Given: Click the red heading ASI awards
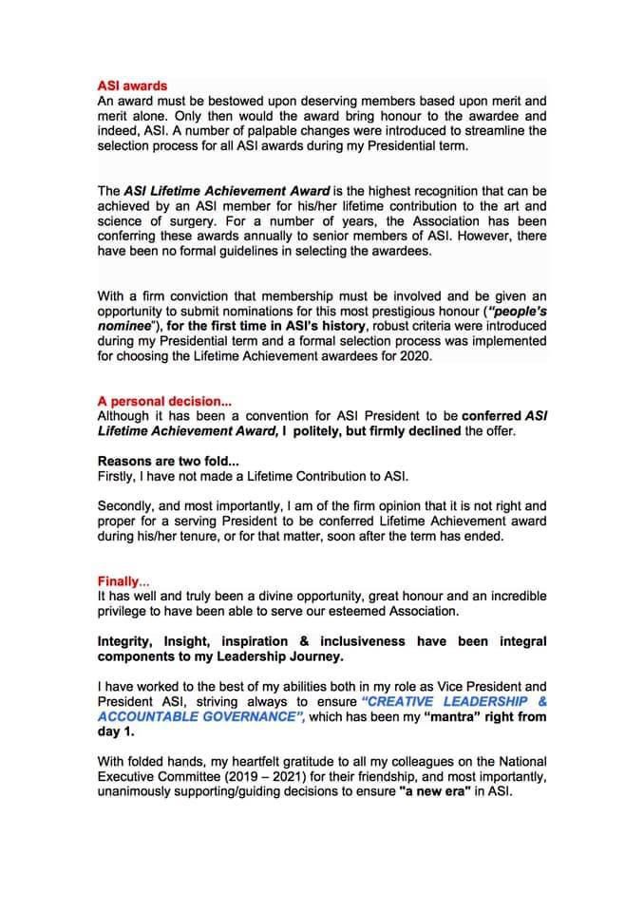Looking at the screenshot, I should (x=132, y=85).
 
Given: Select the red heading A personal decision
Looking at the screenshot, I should (x=152, y=400).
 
